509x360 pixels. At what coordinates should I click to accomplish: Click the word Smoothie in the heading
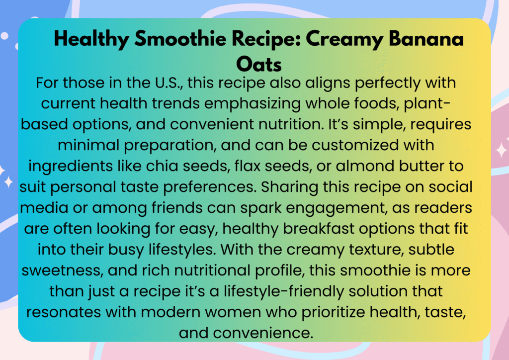coord(180,39)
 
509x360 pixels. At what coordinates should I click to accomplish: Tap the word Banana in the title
coord(426,39)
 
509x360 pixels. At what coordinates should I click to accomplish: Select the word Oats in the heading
coord(258,64)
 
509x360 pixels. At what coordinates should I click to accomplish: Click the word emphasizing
coord(253,104)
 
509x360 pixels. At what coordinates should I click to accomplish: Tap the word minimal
coord(88,145)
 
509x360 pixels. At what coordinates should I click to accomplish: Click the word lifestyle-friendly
coord(284,291)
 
